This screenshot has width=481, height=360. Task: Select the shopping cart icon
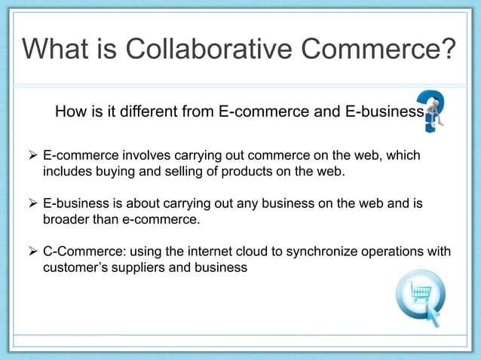(420, 295)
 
